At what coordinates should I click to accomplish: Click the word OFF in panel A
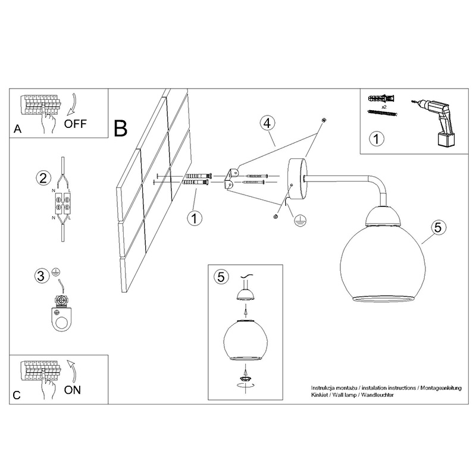(x=76, y=124)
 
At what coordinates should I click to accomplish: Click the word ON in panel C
(x=73, y=390)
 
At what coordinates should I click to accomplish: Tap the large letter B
(x=121, y=129)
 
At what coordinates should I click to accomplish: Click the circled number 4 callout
(x=267, y=124)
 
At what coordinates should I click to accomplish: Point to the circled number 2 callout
(x=43, y=178)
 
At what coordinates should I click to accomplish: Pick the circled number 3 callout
(x=41, y=276)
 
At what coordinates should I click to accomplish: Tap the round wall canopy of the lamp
(x=297, y=179)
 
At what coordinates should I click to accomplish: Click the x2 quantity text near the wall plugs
(x=384, y=107)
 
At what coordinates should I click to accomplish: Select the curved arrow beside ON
(x=71, y=370)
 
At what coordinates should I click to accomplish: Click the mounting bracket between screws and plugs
(x=231, y=180)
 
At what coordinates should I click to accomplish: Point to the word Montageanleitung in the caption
(x=441, y=388)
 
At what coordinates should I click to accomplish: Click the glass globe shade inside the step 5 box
(x=245, y=340)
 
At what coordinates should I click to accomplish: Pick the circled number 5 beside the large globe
(x=438, y=228)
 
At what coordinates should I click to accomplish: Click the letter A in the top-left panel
(x=18, y=129)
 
